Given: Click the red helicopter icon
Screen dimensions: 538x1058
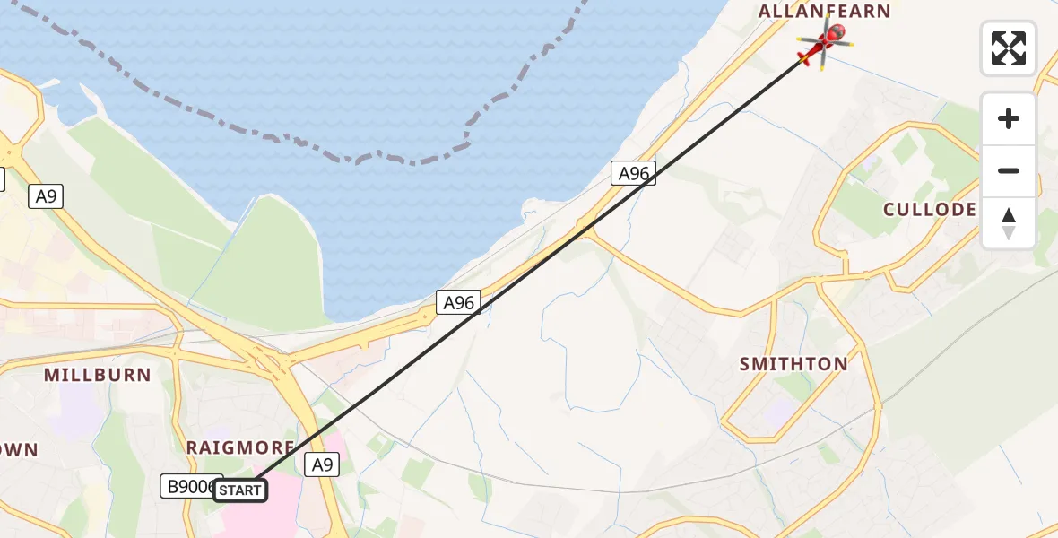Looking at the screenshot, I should pos(823,44).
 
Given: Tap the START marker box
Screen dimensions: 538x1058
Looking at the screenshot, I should pos(239,490).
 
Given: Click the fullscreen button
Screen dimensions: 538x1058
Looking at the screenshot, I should pos(1009,48).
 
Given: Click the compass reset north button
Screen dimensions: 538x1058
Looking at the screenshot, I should pos(1009,223).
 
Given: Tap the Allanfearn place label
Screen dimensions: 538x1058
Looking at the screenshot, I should pos(825,12).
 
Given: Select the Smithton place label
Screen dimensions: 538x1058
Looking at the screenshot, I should pos(793,364).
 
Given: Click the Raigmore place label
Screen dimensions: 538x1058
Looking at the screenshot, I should pos(240,447).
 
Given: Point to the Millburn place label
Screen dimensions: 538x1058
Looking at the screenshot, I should pos(98,375).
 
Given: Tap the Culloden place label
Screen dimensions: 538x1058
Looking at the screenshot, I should pos(930,210).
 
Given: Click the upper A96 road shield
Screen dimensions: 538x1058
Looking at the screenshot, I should pos(634,173).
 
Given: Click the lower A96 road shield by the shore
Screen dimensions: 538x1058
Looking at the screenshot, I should pos(459,302).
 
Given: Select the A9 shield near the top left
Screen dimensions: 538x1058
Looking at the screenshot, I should pos(46,196).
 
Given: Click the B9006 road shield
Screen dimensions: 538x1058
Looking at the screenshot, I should pos(188,486).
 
